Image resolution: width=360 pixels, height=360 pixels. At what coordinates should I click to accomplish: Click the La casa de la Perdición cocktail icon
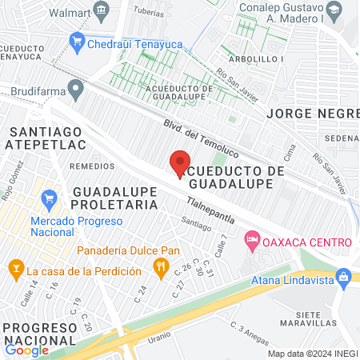click(14, 266)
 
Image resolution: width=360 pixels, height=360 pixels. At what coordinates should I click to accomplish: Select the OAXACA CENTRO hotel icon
click(252, 238)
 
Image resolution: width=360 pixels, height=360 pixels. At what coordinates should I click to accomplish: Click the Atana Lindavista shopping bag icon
click(344, 277)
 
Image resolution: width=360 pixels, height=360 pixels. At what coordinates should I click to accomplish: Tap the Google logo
click(26, 350)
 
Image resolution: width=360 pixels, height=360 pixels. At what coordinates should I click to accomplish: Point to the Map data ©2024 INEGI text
click(312, 354)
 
